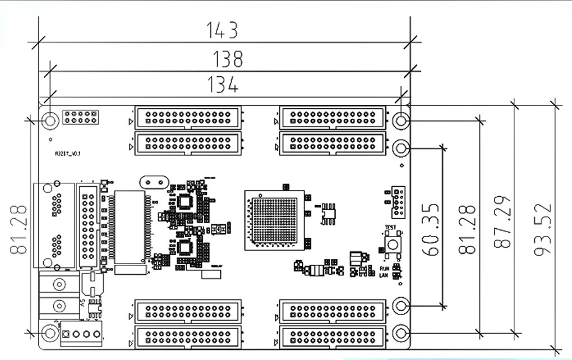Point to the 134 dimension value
click(223, 85)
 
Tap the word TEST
click(390, 228)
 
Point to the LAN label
click(384, 275)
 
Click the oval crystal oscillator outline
click(153, 182)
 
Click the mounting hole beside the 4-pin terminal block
click(50, 333)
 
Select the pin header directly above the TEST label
click(398, 202)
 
